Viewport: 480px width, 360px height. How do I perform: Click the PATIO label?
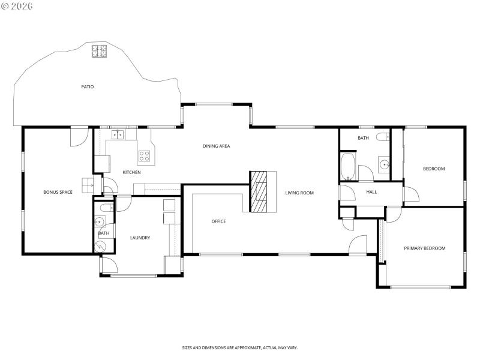tap(88, 87)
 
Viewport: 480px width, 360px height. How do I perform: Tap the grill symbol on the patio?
tap(99, 51)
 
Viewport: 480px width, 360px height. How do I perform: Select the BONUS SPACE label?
tap(58, 192)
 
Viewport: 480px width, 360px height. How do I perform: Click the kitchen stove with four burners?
tap(145, 156)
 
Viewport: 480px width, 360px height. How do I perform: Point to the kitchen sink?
tap(118, 134)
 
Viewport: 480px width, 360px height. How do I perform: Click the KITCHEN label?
tap(132, 172)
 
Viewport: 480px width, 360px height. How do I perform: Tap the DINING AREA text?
tap(216, 146)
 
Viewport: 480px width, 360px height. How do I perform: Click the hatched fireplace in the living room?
tap(259, 192)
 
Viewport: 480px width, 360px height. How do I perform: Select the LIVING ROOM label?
tap(299, 193)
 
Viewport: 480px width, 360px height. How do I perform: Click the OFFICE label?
tap(218, 221)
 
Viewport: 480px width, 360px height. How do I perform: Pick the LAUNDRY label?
tap(140, 238)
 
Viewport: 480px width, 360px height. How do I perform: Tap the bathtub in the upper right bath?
tap(348, 166)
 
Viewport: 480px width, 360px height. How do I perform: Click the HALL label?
tap(371, 192)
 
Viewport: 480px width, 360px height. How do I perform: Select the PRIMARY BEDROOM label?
tap(424, 248)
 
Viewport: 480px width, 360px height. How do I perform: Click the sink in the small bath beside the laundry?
tap(100, 221)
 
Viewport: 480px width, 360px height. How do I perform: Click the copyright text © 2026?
tap(17, 6)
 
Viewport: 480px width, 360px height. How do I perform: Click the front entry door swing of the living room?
tap(358, 245)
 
